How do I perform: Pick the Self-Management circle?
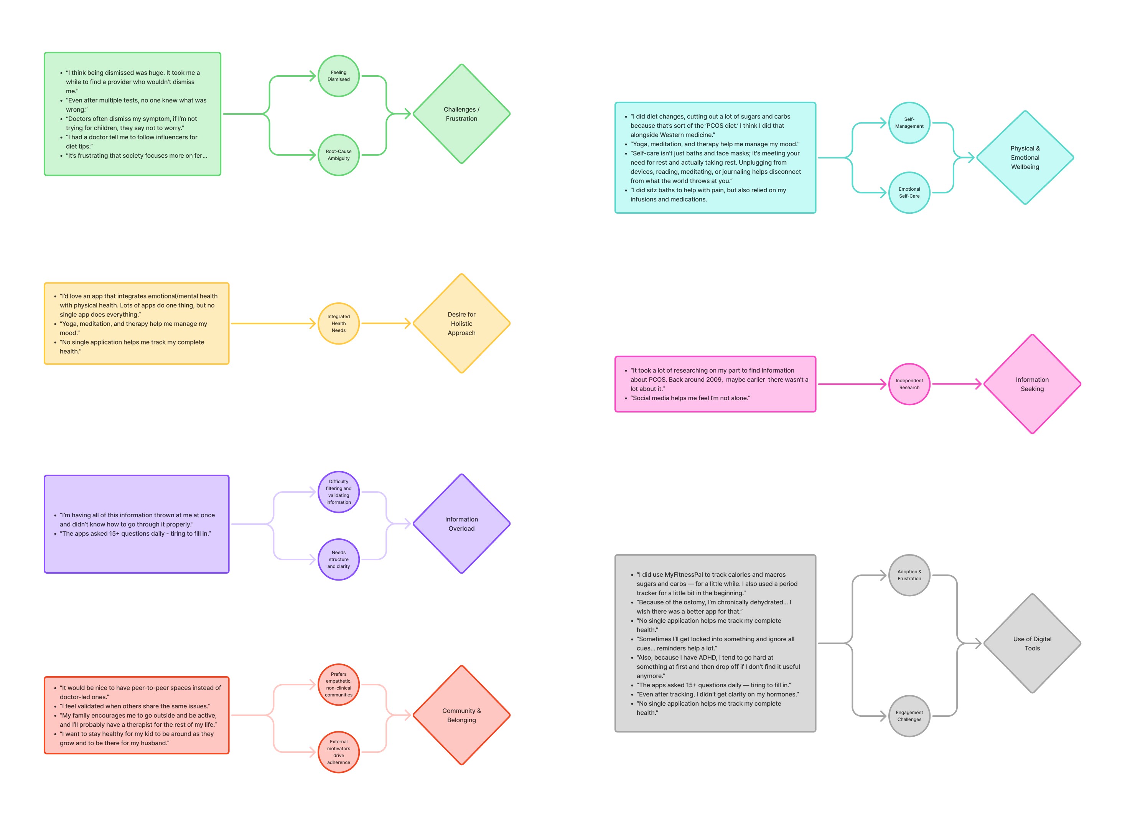tap(909, 123)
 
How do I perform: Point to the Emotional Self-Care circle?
tap(909, 193)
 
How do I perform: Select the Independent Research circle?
tap(909, 384)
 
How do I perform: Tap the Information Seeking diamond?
tap(1032, 384)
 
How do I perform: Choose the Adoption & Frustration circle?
tap(909, 575)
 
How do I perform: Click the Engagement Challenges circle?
tap(909, 716)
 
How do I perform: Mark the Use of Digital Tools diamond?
tap(1032, 644)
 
